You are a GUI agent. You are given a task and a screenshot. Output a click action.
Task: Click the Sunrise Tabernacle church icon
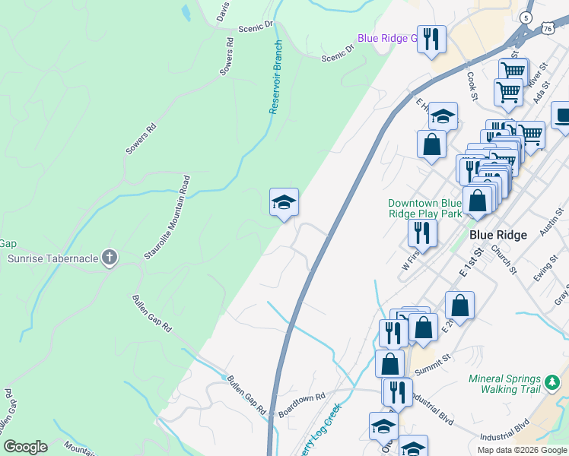[x=110, y=258]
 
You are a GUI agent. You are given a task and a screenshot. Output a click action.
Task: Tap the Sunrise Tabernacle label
[x=53, y=258]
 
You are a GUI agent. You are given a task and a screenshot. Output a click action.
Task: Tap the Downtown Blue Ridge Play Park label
[x=425, y=208]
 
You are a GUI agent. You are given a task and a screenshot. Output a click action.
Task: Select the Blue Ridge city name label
[x=497, y=235]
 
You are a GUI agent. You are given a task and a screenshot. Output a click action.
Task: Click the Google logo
[x=25, y=447]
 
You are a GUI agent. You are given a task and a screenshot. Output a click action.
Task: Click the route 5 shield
[x=526, y=17]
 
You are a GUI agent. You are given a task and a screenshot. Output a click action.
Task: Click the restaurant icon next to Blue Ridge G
[x=432, y=40]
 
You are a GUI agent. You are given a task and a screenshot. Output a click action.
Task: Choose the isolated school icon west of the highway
[x=284, y=203]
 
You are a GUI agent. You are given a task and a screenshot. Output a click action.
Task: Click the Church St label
[x=504, y=258]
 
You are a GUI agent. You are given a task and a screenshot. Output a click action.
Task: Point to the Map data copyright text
[x=523, y=449]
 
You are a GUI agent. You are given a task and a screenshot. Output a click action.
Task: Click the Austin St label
[x=548, y=223]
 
